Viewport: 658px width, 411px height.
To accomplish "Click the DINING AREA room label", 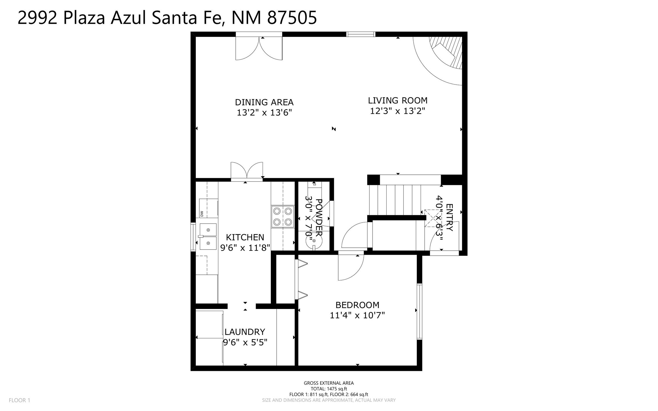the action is click(x=264, y=102).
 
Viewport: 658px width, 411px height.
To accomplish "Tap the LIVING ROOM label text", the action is click(x=398, y=101).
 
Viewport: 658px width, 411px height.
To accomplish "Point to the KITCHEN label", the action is click(x=245, y=237).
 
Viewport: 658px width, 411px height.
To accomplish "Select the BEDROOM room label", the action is click(x=357, y=305).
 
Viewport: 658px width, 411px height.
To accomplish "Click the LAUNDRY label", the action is click(x=245, y=332).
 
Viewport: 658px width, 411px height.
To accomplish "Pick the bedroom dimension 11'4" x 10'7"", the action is click(x=357, y=315).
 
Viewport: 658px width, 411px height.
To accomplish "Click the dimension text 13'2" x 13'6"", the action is click(x=264, y=113).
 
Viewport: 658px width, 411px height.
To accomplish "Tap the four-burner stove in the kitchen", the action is click(x=283, y=216).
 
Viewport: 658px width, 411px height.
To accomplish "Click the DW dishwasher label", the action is click(x=202, y=214).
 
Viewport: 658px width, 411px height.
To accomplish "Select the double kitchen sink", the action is click(x=208, y=237).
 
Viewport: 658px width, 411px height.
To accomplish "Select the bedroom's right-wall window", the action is click(x=419, y=312).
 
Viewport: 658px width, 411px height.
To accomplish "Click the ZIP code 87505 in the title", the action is click(x=292, y=18).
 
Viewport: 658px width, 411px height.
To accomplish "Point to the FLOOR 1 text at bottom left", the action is click(x=19, y=400).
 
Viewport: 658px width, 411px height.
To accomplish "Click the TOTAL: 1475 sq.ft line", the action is click(x=329, y=389).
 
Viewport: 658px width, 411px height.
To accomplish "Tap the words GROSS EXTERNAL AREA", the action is click(x=329, y=383).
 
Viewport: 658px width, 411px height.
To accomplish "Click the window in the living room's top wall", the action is click(x=361, y=34).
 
